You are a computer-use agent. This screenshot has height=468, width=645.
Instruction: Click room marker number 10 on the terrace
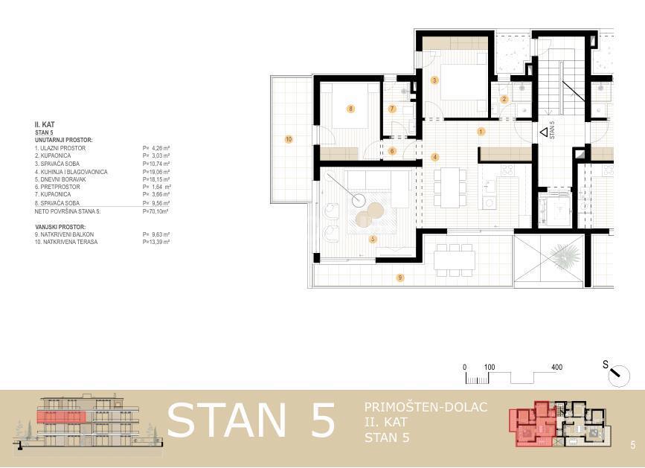tap(289, 139)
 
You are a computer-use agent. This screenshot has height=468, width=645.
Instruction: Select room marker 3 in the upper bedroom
tap(434, 80)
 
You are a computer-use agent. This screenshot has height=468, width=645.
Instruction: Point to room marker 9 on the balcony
tap(400, 278)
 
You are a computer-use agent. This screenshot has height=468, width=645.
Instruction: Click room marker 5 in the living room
tap(373, 239)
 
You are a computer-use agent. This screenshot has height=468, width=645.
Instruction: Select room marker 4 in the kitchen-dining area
tap(434, 157)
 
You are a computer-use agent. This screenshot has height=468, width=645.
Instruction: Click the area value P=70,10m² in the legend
tap(155, 212)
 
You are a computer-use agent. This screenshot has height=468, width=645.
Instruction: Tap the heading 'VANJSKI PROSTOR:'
tap(60, 227)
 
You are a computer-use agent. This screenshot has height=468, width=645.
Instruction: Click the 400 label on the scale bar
tap(557, 368)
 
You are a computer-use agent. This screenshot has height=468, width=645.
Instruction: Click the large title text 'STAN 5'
tap(251, 421)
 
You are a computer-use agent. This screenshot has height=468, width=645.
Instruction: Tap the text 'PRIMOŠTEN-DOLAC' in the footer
tap(426, 408)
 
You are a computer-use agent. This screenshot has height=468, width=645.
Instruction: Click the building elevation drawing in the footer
tap(89, 422)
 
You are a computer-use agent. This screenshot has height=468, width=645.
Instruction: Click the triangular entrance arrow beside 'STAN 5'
tap(544, 132)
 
